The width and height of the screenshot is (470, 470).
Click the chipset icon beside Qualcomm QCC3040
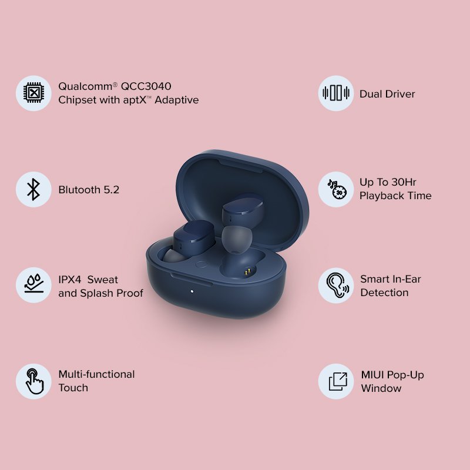coord(33,93)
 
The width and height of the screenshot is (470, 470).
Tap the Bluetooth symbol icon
coord(33,189)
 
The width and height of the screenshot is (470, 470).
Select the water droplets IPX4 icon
coord(33,286)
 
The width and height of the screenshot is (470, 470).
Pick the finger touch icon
coord(33,381)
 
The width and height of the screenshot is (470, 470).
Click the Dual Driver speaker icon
coord(336,93)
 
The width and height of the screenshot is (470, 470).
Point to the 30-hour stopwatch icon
coord(336,189)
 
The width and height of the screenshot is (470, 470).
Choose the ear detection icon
coord(336,286)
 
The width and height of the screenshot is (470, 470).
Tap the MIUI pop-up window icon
coord(336,381)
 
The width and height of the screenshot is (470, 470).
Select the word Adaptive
coord(176,100)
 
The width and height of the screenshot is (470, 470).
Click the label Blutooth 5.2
coord(89,190)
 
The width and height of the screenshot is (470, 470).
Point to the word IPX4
coord(70,279)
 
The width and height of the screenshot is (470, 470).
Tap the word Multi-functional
coord(96,374)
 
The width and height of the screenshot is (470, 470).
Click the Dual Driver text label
coord(387,94)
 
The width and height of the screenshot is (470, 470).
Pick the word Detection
coord(384,293)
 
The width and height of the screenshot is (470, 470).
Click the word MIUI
coord(373,375)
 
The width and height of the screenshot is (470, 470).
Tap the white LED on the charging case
coord(192,291)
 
